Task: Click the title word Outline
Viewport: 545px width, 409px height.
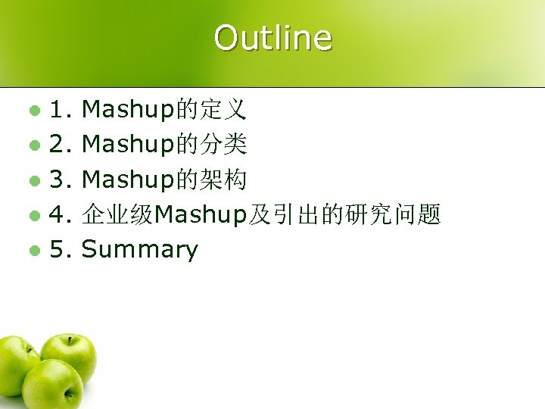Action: (x=272, y=38)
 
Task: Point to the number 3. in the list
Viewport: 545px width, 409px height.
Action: (x=61, y=180)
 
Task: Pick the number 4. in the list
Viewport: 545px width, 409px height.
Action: (x=61, y=215)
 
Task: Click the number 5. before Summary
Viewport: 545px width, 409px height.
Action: (x=61, y=250)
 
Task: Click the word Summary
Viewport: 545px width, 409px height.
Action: (x=139, y=250)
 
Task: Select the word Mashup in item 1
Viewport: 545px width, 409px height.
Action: (x=128, y=111)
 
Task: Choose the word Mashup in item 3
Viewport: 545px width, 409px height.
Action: (x=128, y=181)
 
